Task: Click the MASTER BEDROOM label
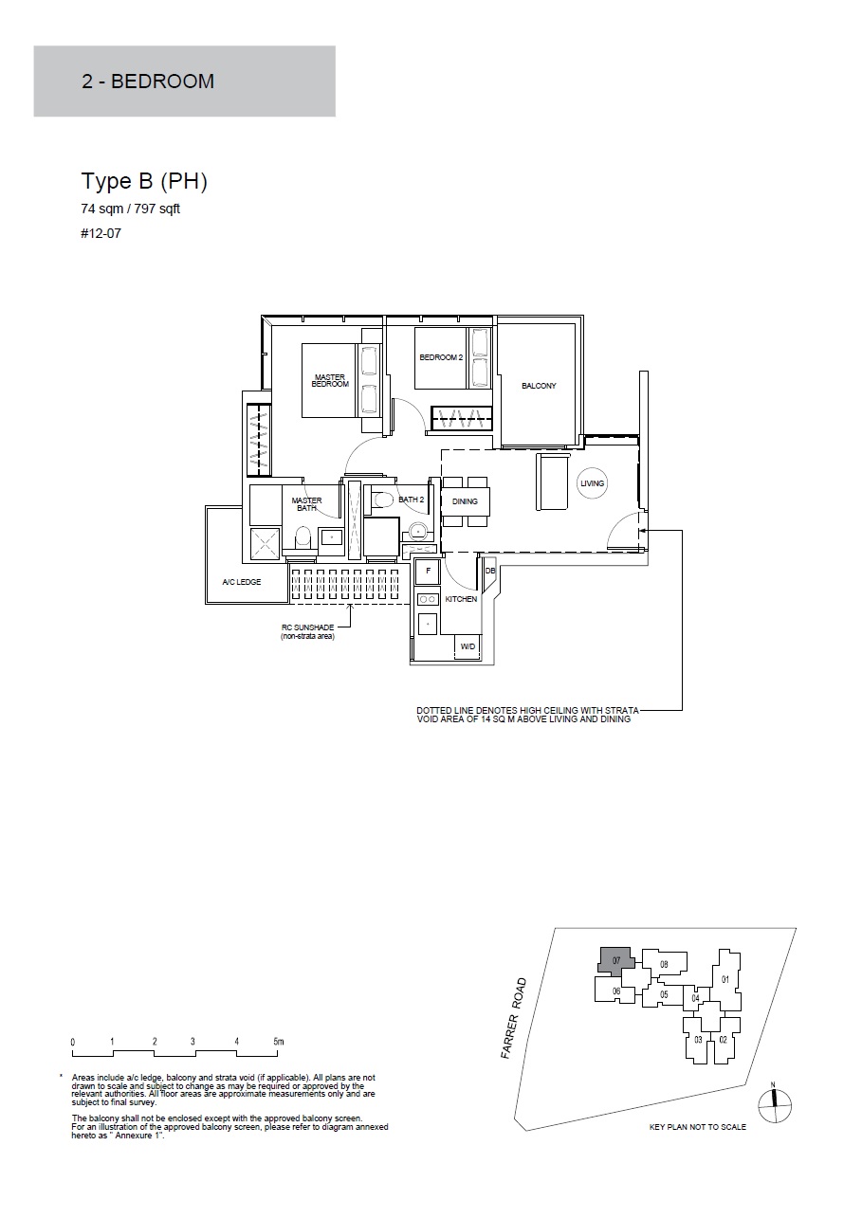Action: pos(330,381)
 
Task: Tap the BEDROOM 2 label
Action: pos(441,357)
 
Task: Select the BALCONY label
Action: pos(539,386)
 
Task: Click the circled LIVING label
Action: pos(593,483)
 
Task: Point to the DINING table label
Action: pos(465,501)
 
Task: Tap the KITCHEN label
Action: pos(461,599)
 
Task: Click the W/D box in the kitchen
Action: pos(468,646)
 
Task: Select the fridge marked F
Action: pos(428,572)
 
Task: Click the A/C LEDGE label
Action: pos(242,582)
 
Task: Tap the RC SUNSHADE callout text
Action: pos(308,632)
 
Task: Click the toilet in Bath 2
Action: pos(382,499)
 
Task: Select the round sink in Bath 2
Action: pos(418,530)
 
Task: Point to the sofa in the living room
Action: pos(552,482)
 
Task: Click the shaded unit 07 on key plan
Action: pos(615,960)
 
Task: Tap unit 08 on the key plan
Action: pos(664,964)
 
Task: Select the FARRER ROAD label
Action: pos(514,1018)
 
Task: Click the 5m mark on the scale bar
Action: pos(279,1042)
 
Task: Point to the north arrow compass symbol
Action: pos(775,1105)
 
